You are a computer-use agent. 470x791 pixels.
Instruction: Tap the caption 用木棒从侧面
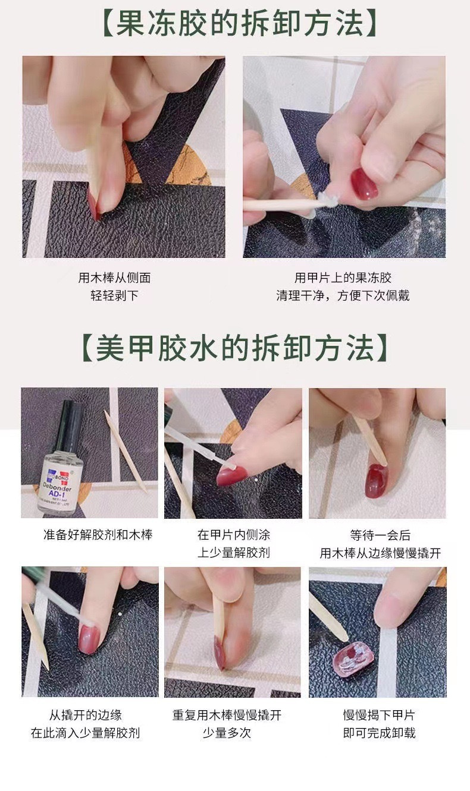(x=114, y=278)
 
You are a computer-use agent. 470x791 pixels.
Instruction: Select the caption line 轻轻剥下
(x=114, y=295)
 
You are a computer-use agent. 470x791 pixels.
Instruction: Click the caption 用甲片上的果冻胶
(x=343, y=278)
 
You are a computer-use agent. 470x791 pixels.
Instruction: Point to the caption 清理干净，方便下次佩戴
(x=343, y=295)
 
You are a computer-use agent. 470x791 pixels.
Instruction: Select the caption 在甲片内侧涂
(x=234, y=535)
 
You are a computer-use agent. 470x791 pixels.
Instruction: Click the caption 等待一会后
(x=380, y=535)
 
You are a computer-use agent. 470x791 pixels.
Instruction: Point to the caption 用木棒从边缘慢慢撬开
(x=380, y=553)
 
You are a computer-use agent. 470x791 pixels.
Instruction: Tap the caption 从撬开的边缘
(x=85, y=715)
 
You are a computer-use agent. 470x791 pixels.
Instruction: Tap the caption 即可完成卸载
(x=379, y=733)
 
